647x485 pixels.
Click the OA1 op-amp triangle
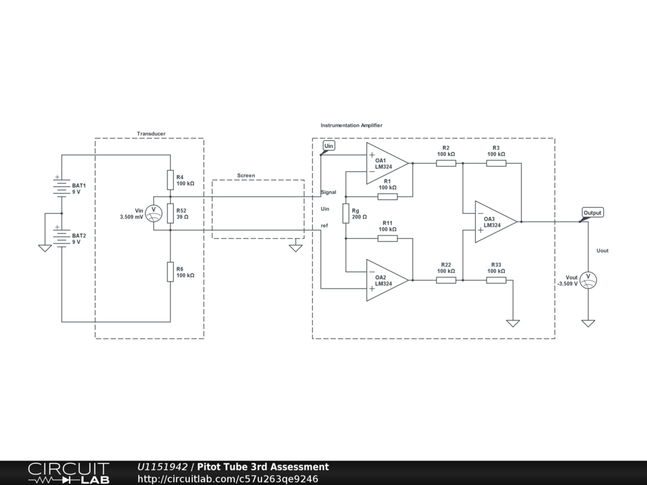pyautogui.click(x=385, y=163)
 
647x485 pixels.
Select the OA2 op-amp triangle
pyautogui.click(x=385, y=280)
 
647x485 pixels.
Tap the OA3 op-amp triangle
pyautogui.click(x=494, y=222)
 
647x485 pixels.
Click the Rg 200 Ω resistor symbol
pyautogui.click(x=346, y=213)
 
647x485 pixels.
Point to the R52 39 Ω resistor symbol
pyautogui.click(x=171, y=213)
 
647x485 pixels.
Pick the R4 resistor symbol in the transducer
pyautogui.click(x=171, y=180)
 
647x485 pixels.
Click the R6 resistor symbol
pyautogui.click(x=171, y=272)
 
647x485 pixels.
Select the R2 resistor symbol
pyautogui.click(x=446, y=163)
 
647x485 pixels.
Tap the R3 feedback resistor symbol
pyautogui.click(x=496, y=163)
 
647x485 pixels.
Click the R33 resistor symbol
pyautogui.click(x=496, y=280)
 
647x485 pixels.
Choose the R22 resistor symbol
pyautogui.click(x=446, y=280)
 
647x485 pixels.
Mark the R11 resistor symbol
pyautogui.click(x=387, y=238)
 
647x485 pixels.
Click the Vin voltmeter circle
pyautogui.click(x=154, y=213)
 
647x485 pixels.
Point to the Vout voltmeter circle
pyautogui.click(x=588, y=279)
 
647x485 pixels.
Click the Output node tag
pyautogui.click(x=592, y=213)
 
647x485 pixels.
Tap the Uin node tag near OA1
pyautogui.click(x=329, y=146)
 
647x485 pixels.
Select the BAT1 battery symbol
pyautogui.click(x=61, y=188)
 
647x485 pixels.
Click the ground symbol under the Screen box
pyautogui.click(x=296, y=248)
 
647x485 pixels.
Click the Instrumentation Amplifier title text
pyautogui.click(x=351, y=126)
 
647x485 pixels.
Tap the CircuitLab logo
pyautogui.click(x=68, y=473)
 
